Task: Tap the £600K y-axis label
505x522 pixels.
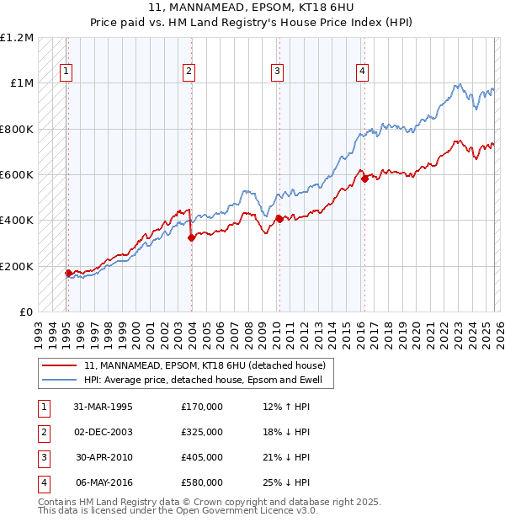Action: [x=17, y=175]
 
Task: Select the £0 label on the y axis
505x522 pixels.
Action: [x=26, y=312]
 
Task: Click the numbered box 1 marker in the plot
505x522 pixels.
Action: [x=66, y=72]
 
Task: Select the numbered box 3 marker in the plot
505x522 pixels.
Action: [x=277, y=72]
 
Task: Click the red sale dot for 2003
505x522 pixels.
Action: [x=191, y=237]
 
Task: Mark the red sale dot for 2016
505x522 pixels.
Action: [x=364, y=178]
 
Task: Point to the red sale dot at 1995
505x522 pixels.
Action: [x=69, y=273]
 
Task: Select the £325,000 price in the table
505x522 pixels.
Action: [x=202, y=432]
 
